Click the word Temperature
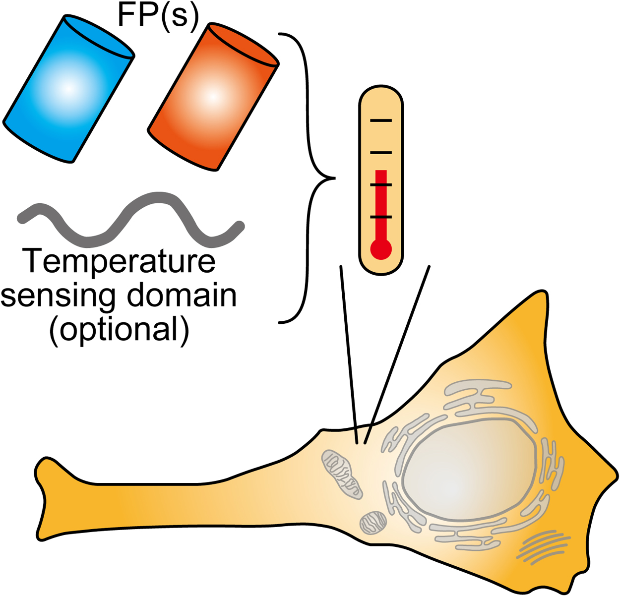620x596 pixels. [119, 261]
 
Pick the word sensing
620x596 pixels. [60, 296]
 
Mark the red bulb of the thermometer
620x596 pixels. [381, 249]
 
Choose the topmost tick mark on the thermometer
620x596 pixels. [381, 120]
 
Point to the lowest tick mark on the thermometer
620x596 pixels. [381, 217]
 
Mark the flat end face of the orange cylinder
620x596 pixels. [243, 45]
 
